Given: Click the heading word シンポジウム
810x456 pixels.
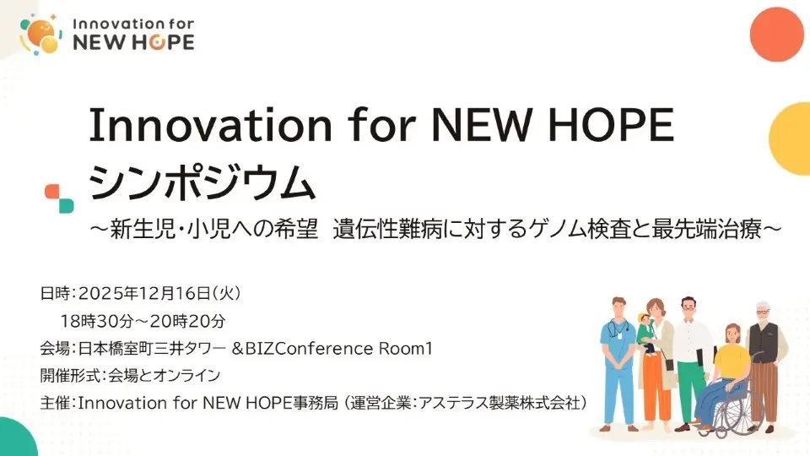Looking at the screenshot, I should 201,182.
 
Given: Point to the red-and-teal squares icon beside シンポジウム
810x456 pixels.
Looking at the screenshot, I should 58,198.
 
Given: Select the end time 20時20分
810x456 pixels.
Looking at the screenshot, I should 189,321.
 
